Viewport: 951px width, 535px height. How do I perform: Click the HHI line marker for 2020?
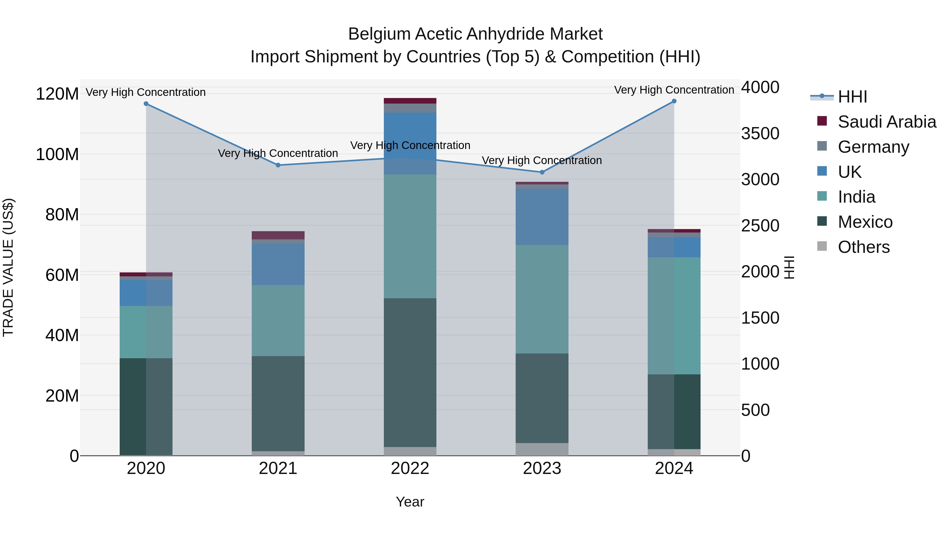146,104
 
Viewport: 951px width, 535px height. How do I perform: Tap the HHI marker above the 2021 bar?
278,165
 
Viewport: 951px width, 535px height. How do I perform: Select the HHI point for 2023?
542,172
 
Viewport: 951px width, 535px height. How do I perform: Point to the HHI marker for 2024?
674,101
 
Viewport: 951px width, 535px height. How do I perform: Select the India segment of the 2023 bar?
542,299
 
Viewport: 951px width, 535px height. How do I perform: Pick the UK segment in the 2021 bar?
278,264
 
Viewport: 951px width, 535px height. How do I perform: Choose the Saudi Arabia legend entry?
886,122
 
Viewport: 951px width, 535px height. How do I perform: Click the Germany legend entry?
873,147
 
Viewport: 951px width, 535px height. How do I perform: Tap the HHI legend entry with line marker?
852,97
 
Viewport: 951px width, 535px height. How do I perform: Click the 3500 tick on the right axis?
760,134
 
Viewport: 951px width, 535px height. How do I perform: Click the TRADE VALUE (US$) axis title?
8,267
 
